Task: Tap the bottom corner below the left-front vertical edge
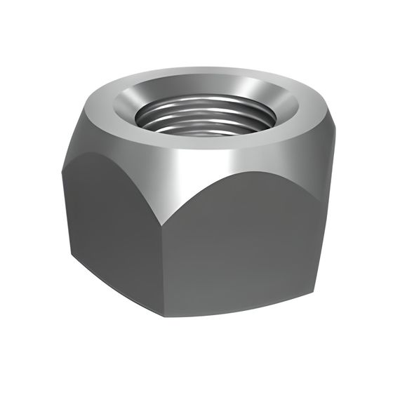170,314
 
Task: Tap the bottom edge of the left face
116,284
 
